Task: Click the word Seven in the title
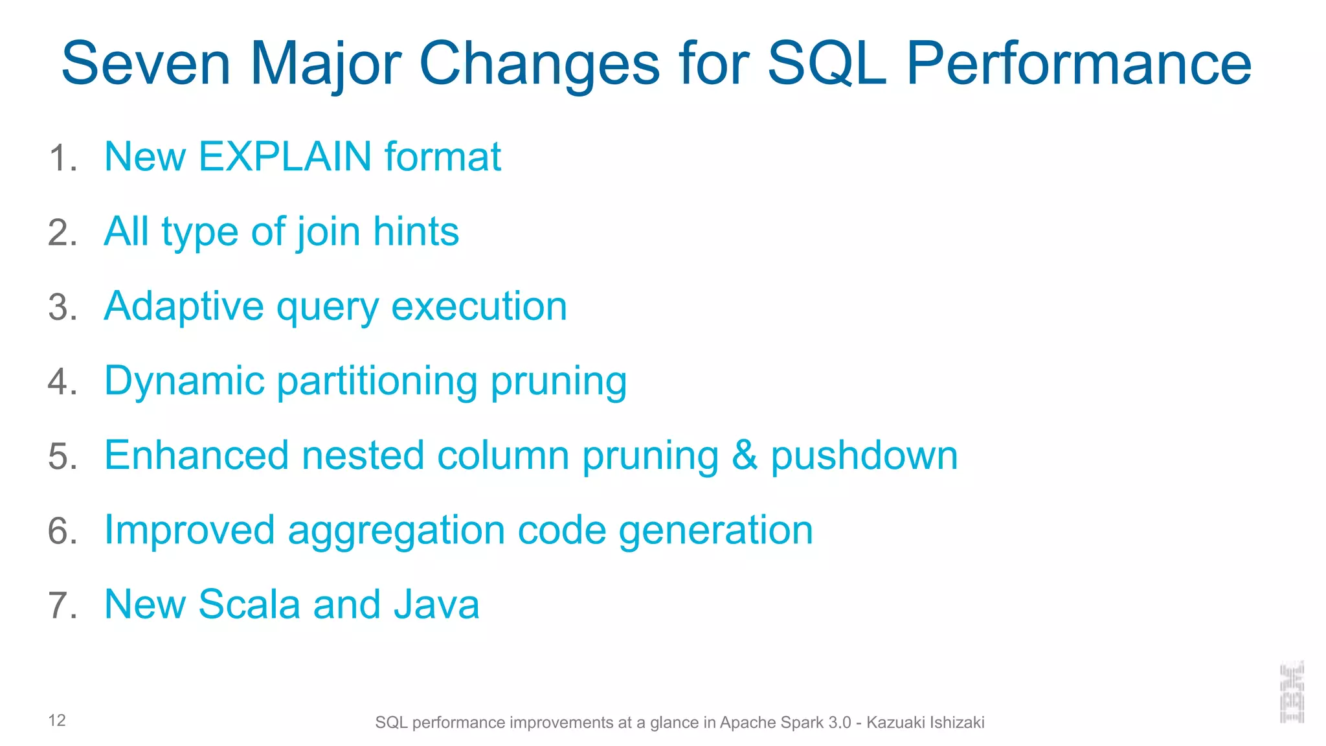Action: coord(146,63)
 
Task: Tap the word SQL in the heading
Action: coord(826,63)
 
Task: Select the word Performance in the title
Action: coord(1079,63)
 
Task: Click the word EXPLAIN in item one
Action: coord(285,157)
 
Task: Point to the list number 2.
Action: coord(62,233)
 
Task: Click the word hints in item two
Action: coord(416,232)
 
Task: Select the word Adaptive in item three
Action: coord(184,306)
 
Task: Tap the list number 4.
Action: coord(62,382)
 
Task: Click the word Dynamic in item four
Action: coord(184,381)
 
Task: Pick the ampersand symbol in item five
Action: coord(744,455)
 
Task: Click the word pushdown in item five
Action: coord(864,456)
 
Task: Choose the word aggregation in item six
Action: coord(396,531)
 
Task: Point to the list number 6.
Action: coord(62,532)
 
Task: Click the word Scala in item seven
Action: coord(249,605)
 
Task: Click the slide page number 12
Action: coord(57,721)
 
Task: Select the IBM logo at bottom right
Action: coord(1292,692)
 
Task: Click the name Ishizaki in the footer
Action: coord(957,723)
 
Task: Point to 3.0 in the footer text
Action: coord(839,723)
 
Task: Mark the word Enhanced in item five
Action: coord(196,455)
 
